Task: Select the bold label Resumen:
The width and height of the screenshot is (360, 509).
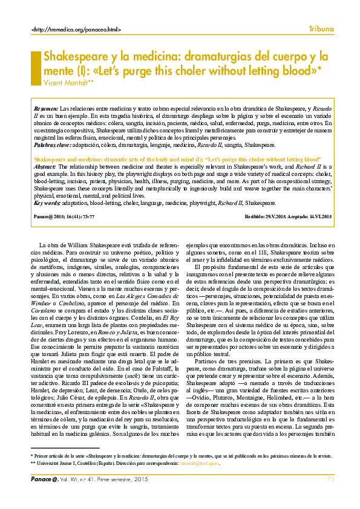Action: coord(46,106)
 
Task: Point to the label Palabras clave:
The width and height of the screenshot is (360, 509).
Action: coord(54,145)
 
